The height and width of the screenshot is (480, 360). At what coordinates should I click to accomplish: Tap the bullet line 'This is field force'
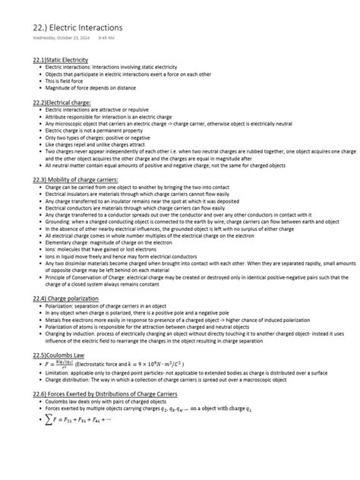(x=68, y=80)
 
